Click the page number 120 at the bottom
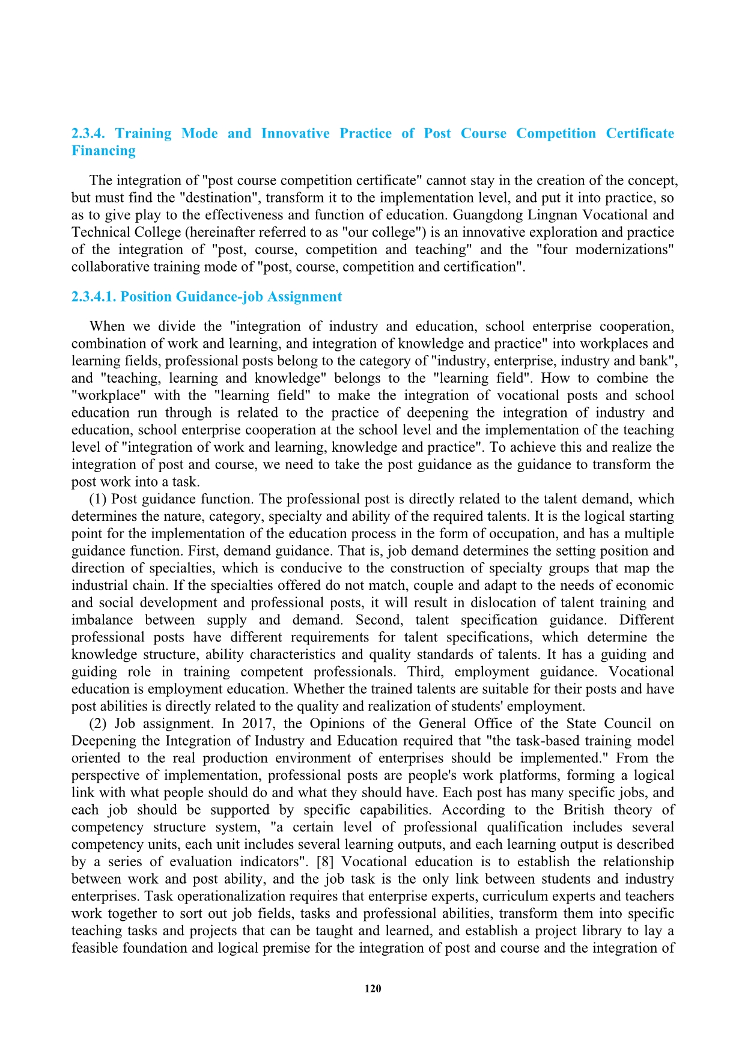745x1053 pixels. coord(372,989)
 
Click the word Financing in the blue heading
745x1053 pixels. coord(103,151)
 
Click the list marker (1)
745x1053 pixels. coord(99,499)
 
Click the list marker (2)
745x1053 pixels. coord(99,724)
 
